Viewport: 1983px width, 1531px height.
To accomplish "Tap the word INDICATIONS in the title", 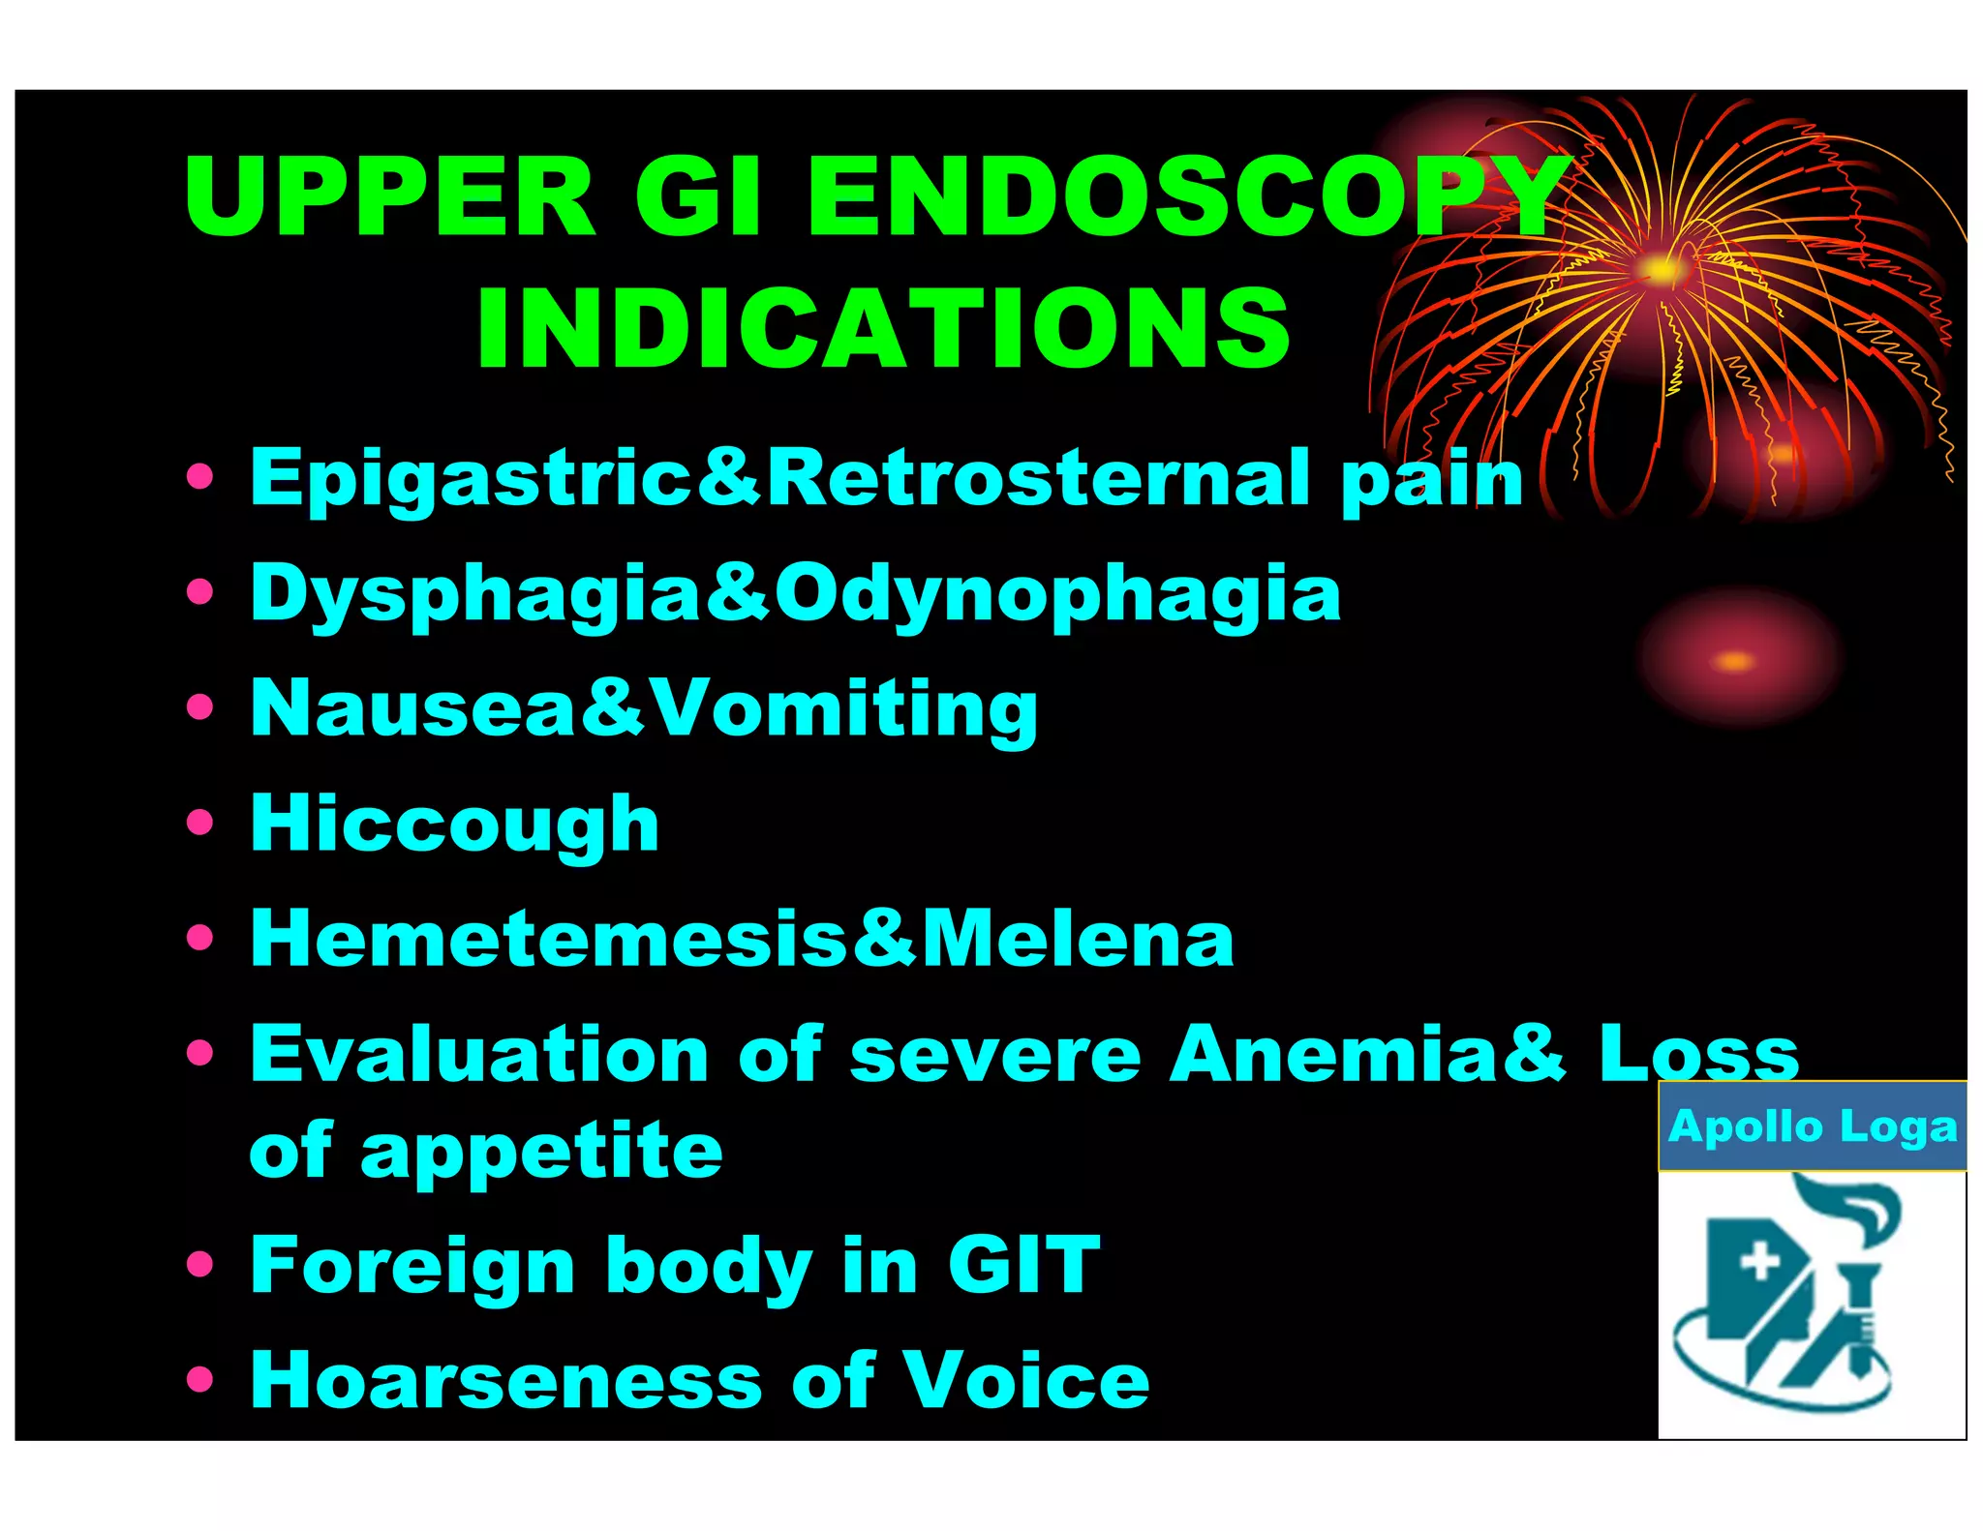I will tap(883, 329).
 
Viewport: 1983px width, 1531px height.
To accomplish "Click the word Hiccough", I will tap(454, 824).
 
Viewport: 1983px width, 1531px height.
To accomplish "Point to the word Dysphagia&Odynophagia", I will tap(795, 594).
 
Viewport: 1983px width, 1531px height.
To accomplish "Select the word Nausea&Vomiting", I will tap(644, 709).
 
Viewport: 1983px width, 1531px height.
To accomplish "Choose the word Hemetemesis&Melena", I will tap(742, 939).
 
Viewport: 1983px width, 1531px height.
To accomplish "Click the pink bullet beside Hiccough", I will tap(199, 823).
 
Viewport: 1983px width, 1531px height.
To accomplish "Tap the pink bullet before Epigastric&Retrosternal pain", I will tap(199, 476).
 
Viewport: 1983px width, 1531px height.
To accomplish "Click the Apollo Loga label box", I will tap(1812, 1126).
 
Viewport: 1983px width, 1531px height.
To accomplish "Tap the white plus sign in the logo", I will tap(1758, 1262).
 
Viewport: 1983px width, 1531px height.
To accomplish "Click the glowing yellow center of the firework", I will tap(1662, 269).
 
